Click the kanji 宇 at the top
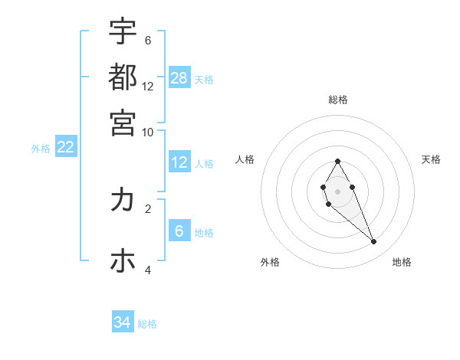pos(123,32)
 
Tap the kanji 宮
pos(123,122)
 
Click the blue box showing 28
pos(179,77)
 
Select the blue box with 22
pos(65,147)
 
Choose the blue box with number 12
pos(179,162)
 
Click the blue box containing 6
pos(179,231)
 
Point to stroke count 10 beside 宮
pos(148,132)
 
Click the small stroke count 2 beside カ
pos(148,208)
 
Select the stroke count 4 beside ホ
pos(148,270)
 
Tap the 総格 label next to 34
pos(147,324)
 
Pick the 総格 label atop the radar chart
pos(338,100)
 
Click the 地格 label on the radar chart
pos(402,262)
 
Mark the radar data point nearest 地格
pos(374,242)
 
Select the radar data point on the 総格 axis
pos(337,161)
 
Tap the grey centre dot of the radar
pos(337,190)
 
